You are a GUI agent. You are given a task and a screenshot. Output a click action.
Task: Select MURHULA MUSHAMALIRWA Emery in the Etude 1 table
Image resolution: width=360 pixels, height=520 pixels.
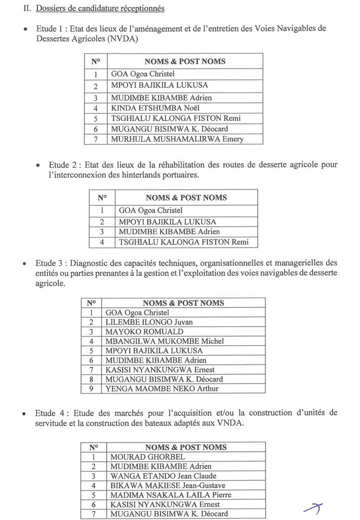tap(177, 139)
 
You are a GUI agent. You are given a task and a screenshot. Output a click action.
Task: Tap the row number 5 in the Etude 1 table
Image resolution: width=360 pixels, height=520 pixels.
tap(95, 118)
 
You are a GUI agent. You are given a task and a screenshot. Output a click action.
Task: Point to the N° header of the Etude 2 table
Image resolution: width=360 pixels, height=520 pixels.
tap(102, 197)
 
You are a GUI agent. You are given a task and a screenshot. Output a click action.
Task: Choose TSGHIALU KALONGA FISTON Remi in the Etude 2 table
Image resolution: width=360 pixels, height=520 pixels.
tap(183, 242)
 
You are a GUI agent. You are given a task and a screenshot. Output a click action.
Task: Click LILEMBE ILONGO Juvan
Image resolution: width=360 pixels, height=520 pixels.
tap(149, 322)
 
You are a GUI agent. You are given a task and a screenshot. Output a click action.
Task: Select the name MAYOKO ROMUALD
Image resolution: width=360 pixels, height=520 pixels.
tap(144, 332)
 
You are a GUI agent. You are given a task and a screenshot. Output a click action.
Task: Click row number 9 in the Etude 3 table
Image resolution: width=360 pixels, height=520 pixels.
tap(91, 389)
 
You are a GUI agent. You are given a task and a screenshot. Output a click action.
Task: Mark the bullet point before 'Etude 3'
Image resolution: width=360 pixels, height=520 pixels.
tap(24, 264)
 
